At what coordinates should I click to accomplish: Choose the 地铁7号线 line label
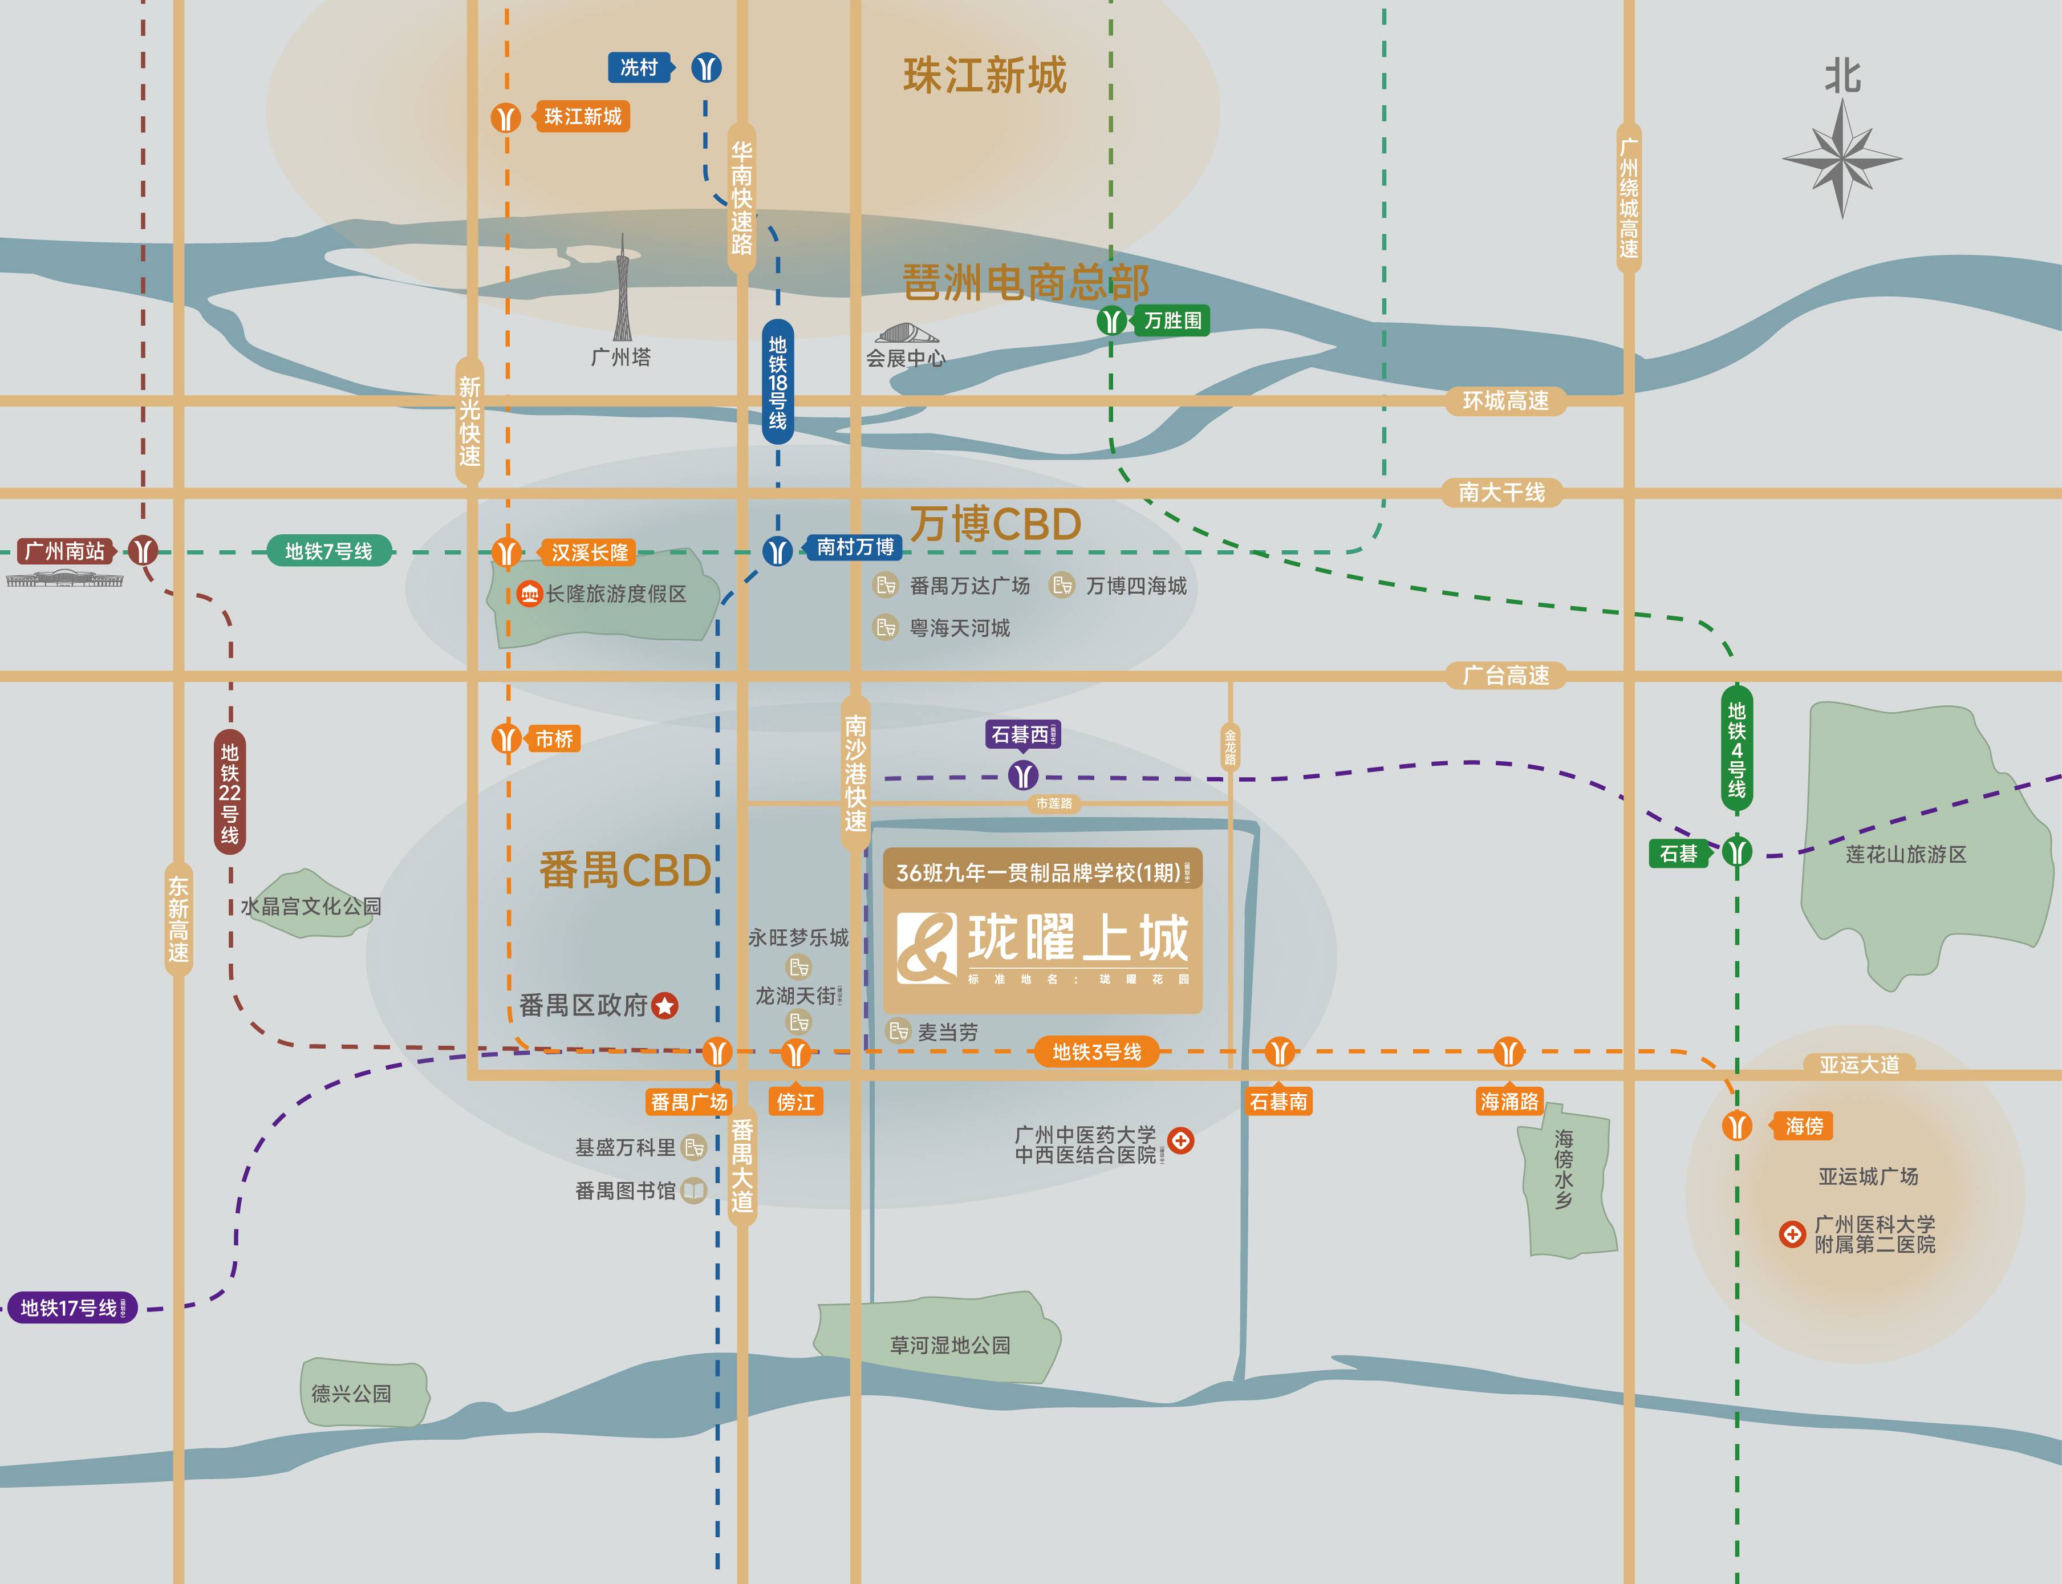coord(328,551)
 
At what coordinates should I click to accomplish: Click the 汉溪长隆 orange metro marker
coord(506,551)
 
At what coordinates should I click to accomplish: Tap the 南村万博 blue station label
coord(854,547)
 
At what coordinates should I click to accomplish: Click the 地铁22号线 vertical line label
coord(229,792)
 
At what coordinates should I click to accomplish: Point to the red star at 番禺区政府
coord(665,1006)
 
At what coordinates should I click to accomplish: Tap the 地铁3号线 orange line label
coord(1097,1051)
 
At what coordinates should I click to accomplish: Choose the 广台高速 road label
coord(1505,675)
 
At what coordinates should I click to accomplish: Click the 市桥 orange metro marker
coord(506,738)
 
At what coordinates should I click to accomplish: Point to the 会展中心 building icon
coord(907,334)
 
